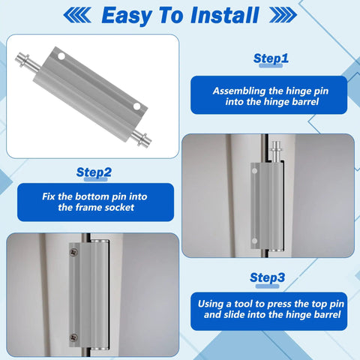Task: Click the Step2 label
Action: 94,172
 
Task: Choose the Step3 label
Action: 267,277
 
